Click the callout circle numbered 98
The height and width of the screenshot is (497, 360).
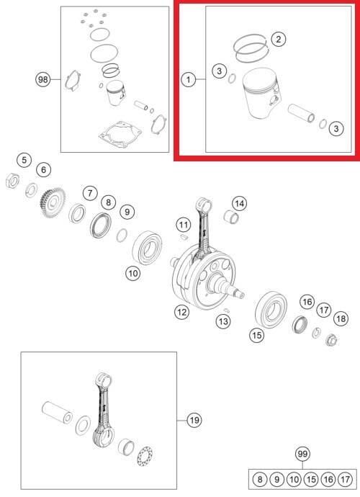click(x=42, y=79)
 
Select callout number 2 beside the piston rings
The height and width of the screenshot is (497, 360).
click(x=278, y=40)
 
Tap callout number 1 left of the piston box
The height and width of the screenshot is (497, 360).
click(x=189, y=79)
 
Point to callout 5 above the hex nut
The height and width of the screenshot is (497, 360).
click(x=24, y=160)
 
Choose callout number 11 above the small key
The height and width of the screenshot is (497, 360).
click(x=184, y=225)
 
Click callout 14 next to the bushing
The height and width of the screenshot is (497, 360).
click(x=240, y=204)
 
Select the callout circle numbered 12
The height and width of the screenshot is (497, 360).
click(x=182, y=312)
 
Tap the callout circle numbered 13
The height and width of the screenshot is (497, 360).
click(x=223, y=322)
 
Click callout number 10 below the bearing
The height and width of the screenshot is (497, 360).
click(x=132, y=273)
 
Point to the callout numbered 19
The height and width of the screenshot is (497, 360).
click(x=194, y=421)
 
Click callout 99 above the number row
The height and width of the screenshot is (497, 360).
click(x=302, y=454)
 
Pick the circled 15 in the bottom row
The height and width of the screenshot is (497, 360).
click(x=311, y=479)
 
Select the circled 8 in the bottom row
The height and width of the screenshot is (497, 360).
click(x=260, y=479)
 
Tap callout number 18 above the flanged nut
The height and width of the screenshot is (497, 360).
click(x=341, y=318)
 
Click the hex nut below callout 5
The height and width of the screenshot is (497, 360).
click(x=13, y=182)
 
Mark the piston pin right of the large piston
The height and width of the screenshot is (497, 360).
click(x=302, y=114)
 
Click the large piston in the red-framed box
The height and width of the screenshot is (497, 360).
click(x=261, y=94)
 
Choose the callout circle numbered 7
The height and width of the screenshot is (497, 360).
click(x=90, y=193)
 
